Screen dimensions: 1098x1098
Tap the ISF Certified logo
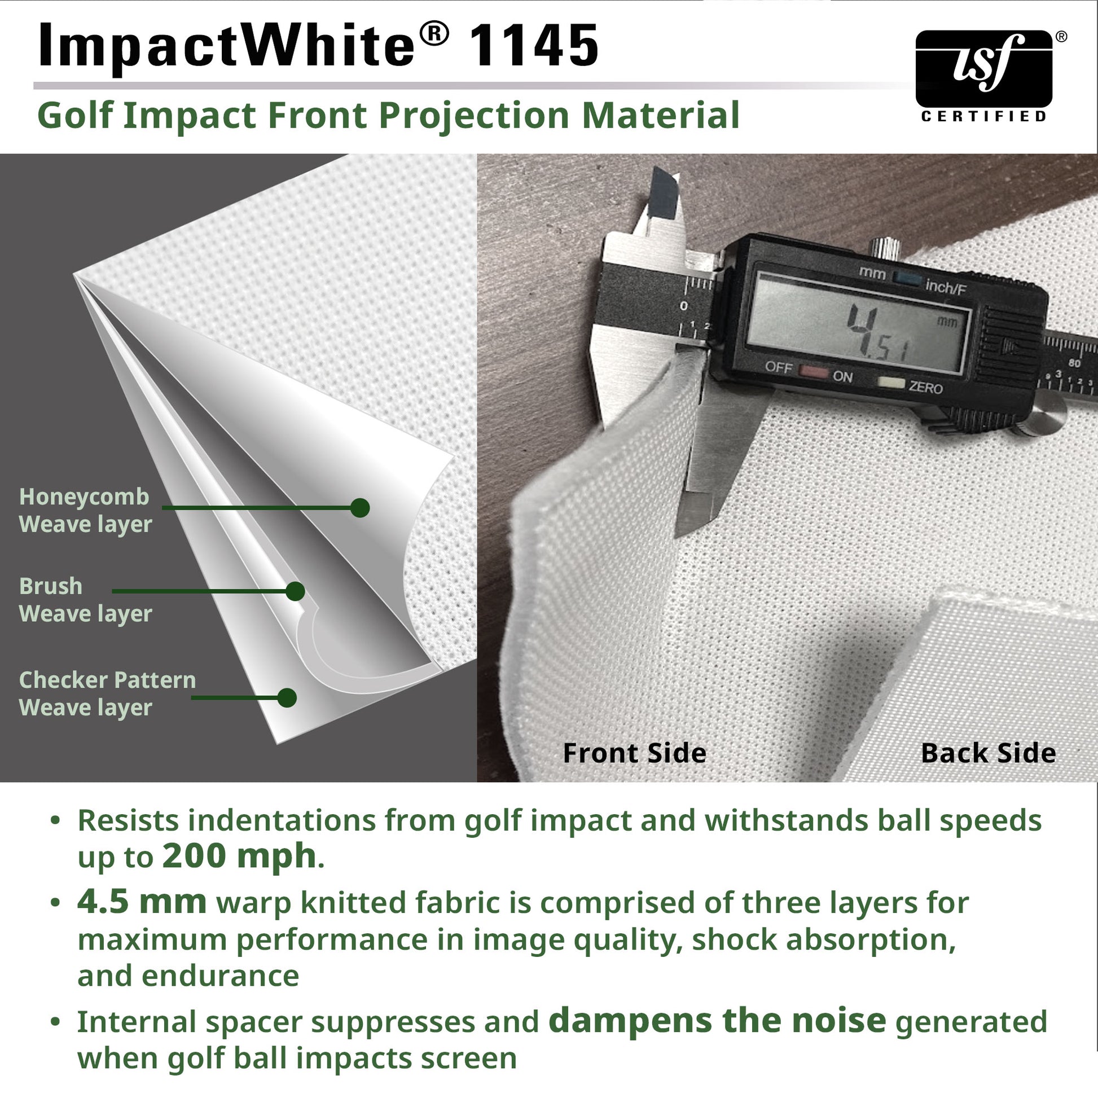[984, 74]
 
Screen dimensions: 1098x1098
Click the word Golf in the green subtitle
[75, 115]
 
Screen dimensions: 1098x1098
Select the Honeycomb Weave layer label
[85, 511]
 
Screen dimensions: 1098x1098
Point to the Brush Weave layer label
[85, 600]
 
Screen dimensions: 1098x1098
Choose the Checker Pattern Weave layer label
[107, 693]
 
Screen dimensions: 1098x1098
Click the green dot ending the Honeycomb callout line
[360, 507]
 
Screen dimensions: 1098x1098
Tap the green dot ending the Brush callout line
[295, 591]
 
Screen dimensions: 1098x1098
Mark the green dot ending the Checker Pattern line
[287, 697]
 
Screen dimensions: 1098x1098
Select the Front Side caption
[634, 753]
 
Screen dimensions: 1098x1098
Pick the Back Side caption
[988, 753]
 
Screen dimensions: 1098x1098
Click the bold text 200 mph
[239, 856]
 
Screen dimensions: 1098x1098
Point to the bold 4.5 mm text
[142, 903]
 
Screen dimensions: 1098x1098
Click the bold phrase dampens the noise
[717, 1021]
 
